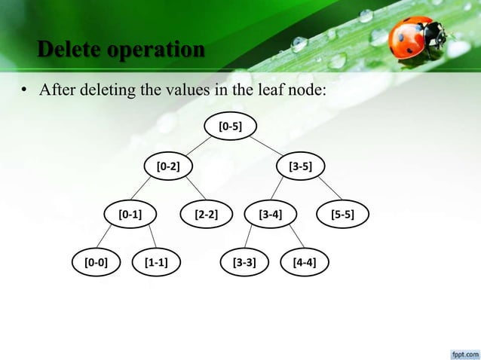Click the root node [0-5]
pyautogui.click(x=230, y=127)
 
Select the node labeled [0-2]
pyautogui.click(x=167, y=165)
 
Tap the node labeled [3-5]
pyautogui.click(x=301, y=165)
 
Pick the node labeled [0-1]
pyautogui.click(x=130, y=214)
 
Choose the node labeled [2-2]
pyautogui.click(x=206, y=214)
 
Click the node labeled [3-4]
pyautogui.click(x=270, y=214)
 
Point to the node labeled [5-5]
pyautogui.click(x=342, y=214)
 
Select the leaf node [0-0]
pyautogui.click(x=96, y=263)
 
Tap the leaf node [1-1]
pyautogui.click(x=155, y=263)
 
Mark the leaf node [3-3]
pyautogui.click(x=244, y=263)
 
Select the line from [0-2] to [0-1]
pyautogui.click(x=149, y=189)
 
